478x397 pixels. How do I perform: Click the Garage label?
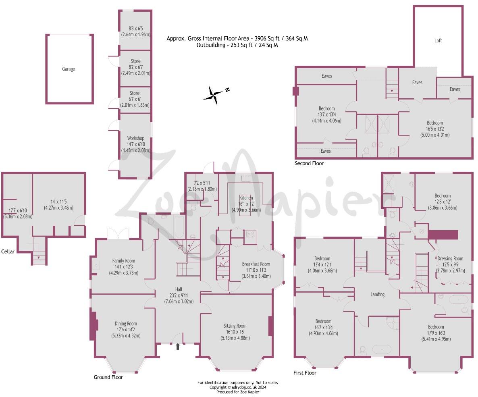click(x=69, y=69)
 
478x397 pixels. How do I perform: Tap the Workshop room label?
click(x=135, y=139)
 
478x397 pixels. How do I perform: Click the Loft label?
click(x=438, y=41)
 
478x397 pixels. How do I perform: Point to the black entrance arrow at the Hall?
click(x=178, y=346)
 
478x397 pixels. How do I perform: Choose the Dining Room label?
click(x=126, y=324)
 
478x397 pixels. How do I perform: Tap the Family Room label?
click(x=124, y=261)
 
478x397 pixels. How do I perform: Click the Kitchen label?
click(x=246, y=198)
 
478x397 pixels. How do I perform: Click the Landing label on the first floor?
click(x=378, y=295)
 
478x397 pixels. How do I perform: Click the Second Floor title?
click(x=309, y=164)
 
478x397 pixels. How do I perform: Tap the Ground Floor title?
click(x=108, y=377)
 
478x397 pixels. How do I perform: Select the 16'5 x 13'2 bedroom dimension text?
click(x=434, y=129)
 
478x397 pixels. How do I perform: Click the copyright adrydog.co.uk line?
click(x=238, y=387)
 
